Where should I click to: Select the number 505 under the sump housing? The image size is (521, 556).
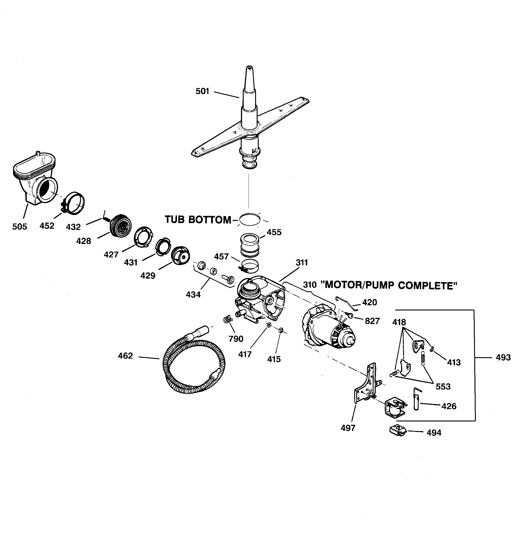(x=20, y=226)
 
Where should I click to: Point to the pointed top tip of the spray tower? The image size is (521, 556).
(x=249, y=67)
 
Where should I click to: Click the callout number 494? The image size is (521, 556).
(x=434, y=433)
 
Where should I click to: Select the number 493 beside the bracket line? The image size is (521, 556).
(x=503, y=357)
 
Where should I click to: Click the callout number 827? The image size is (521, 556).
(x=372, y=321)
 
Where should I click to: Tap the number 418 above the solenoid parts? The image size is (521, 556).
(x=399, y=322)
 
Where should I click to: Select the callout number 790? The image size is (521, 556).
(x=236, y=339)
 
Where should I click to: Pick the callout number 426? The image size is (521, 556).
(x=449, y=406)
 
